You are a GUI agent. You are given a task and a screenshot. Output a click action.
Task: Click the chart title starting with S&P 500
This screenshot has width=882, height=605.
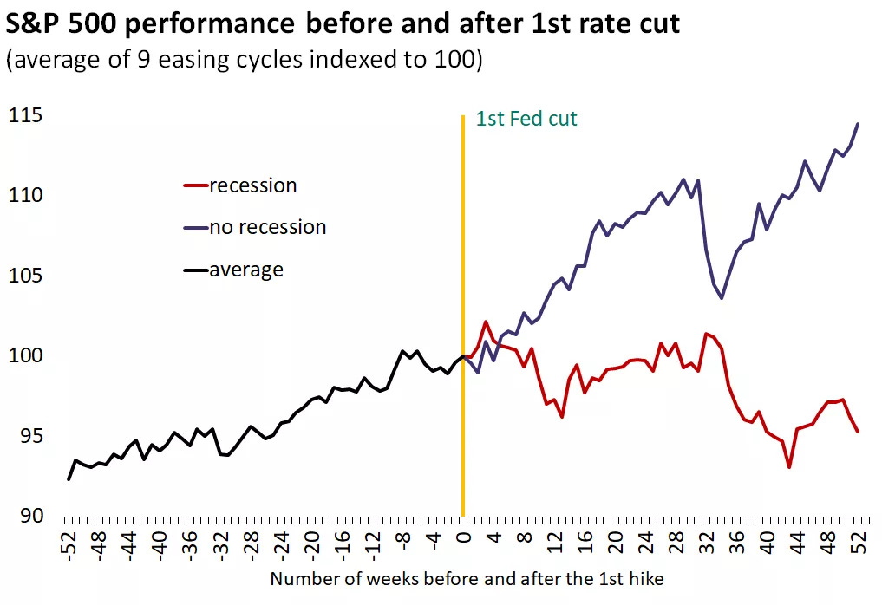[x=343, y=24]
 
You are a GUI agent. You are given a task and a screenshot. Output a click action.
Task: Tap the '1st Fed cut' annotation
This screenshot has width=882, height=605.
[x=526, y=119]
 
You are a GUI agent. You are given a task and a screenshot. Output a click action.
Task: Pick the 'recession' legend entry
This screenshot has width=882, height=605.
[x=252, y=185]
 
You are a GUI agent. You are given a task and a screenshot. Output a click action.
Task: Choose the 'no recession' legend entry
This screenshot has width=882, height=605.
[x=267, y=227]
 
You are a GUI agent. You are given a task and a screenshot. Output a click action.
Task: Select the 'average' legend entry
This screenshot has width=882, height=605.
[x=246, y=270]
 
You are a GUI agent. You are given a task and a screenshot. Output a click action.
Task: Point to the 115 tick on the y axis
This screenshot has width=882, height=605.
[x=26, y=116]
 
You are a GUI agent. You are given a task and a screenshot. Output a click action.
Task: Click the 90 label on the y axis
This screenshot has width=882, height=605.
[x=31, y=516]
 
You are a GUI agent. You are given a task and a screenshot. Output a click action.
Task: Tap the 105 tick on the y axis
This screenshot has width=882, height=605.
[x=26, y=276]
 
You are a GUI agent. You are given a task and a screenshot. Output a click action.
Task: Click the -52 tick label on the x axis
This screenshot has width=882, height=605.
[x=69, y=542]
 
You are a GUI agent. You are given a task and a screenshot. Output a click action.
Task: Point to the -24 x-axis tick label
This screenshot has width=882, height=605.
[x=282, y=542]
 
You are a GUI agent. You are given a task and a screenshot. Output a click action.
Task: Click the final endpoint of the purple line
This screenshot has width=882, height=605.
[x=858, y=124]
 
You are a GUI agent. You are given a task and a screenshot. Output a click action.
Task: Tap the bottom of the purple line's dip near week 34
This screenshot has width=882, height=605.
[x=722, y=298]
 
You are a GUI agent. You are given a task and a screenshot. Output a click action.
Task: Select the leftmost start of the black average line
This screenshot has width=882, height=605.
[x=69, y=478]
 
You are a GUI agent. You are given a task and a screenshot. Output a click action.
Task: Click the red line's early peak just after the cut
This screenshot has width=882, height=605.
[x=486, y=322]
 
